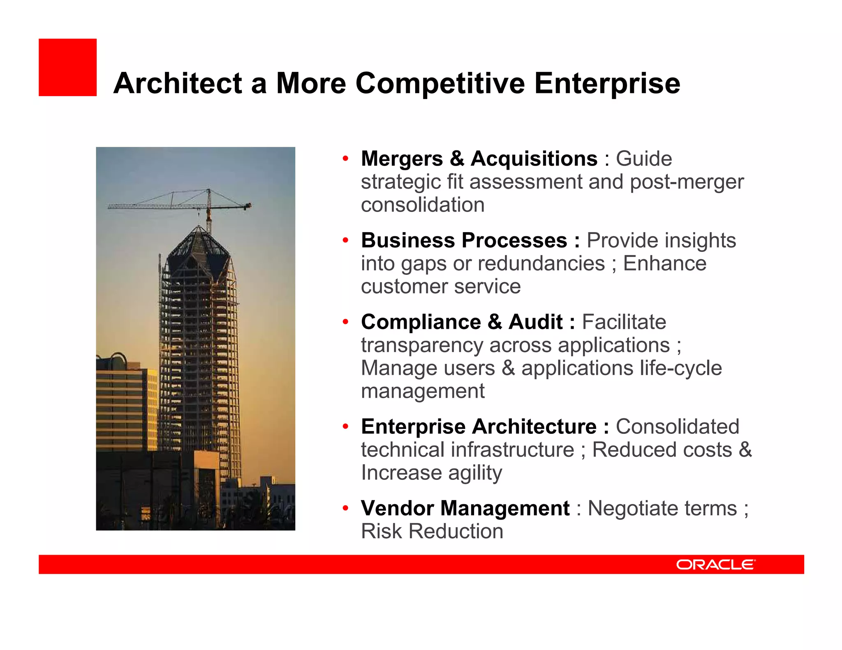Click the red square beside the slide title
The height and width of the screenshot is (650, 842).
67,67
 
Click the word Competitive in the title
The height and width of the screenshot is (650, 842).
440,84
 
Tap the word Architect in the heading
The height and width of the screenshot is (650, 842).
178,84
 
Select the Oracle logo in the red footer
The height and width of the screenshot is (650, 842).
715,565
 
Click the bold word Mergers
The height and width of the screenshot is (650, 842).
402,159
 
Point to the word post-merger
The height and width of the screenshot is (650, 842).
687,182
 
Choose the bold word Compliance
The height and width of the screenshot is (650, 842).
421,322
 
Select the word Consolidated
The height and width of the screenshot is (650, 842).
677,426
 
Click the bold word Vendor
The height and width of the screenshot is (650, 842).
397,508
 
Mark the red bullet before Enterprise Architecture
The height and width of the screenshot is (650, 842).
346,426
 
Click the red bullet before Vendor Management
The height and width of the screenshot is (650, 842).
346,508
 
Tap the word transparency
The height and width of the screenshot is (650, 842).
422,345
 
